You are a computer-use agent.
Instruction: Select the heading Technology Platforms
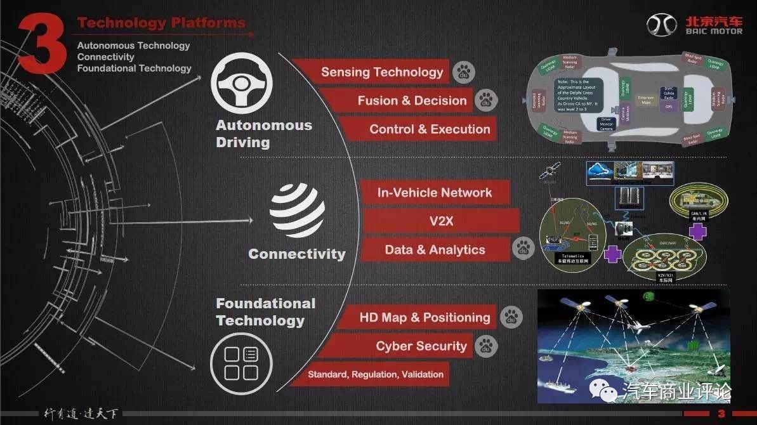click(x=161, y=23)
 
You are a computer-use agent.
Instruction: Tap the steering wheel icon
click(x=242, y=84)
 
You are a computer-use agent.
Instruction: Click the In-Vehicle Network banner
click(x=435, y=192)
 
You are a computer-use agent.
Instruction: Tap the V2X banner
click(x=440, y=221)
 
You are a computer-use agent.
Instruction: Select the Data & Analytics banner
click(x=435, y=250)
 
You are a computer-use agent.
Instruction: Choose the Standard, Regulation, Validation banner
click(x=376, y=374)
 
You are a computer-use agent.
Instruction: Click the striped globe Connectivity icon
click(x=297, y=211)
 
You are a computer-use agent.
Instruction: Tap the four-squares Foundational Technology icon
click(x=242, y=363)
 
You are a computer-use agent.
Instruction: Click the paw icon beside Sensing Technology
click(x=464, y=72)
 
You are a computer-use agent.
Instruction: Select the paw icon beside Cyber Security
click(x=487, y=346)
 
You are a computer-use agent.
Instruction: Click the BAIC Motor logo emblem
click(x=662, y=25)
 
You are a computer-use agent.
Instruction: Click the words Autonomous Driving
click(x=264, y=133)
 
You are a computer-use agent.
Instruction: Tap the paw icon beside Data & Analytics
click(x=524, y=249)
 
